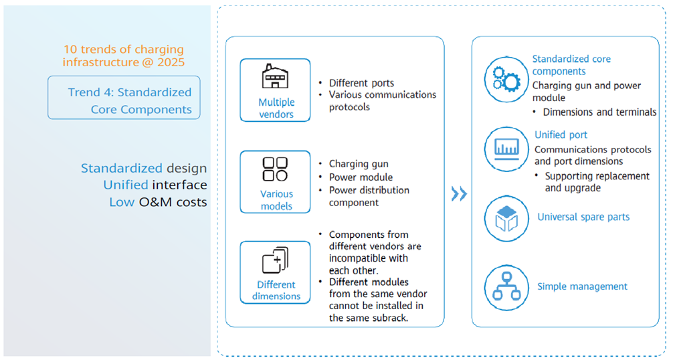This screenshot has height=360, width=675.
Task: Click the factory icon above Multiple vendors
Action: click(275, 77)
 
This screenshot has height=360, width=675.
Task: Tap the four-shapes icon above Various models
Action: click(275, 169)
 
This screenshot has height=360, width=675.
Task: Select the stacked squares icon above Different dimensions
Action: click(275, 260)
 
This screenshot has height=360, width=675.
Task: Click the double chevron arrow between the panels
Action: click(459, 194)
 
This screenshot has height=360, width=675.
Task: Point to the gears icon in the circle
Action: click(506, 80)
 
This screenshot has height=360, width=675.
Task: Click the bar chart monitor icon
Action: click(506, 149)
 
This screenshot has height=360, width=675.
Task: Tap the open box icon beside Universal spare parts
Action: click(506, 218)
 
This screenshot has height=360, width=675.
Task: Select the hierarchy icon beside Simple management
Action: click(506, 287)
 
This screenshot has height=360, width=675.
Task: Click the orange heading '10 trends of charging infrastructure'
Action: click(124, 56)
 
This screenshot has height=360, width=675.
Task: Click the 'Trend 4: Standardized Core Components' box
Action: click(124, 98)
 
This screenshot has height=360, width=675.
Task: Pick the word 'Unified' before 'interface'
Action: click(126, 185)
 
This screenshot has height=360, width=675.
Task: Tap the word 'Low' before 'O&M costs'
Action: click(122, 202)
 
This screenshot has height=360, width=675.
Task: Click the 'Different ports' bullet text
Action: click(362, 83)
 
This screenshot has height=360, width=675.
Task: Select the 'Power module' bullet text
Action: click(361, 177)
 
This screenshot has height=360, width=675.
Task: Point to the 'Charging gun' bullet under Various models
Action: click(359, 164)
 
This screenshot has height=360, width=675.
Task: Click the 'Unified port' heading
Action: click(561, 134)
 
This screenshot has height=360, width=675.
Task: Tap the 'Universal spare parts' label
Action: click(583, 217)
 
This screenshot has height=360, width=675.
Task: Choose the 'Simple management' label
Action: click(582, 286)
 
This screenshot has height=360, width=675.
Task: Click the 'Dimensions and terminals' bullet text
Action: click(599, 112)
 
